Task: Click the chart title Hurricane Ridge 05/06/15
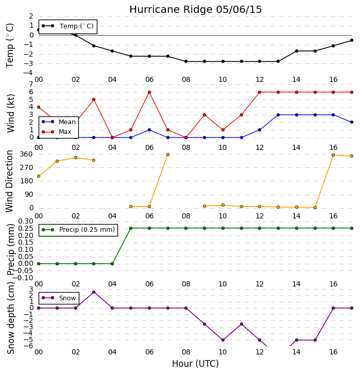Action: (196, 10)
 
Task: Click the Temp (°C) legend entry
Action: (67, 26)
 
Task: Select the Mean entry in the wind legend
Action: (59, 122)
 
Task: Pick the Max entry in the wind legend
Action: (57, 132)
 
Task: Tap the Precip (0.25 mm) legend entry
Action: (78, 230)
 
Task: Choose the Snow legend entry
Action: (59, 298)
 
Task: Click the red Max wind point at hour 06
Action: (149, 92)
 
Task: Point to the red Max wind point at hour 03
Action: (94, 99)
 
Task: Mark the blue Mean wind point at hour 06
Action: (149, 130)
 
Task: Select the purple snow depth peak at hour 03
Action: (94, 292)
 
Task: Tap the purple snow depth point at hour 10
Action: (223, 340)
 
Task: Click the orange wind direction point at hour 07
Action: (168, 155)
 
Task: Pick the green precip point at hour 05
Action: (131, 228)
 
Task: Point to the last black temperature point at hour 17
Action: (352, 40)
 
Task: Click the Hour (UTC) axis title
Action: (195, 364)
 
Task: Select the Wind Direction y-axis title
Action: (10, 181)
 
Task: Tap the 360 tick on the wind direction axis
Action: (26, 155)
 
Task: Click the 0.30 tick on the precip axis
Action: (26, 221)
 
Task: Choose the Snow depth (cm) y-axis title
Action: (10, 318)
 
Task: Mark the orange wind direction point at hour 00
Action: (39, 176)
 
